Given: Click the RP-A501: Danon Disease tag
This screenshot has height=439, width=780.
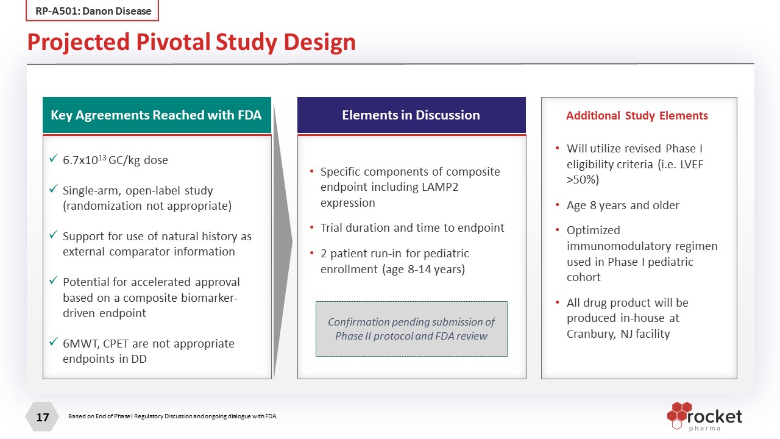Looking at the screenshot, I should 93,11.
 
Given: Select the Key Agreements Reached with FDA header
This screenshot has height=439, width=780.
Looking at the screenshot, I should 156,115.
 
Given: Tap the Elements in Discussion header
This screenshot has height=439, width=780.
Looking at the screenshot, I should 411,115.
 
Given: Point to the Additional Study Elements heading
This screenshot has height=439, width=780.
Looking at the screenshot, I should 637,116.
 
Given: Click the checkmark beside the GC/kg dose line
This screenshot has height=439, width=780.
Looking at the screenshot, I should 54,159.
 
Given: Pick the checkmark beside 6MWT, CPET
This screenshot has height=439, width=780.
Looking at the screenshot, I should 54,343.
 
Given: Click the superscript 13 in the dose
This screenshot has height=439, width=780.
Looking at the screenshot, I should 102,157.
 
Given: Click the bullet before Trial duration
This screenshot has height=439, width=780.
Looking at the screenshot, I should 312,228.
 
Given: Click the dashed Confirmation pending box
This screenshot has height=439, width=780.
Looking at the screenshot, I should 411,329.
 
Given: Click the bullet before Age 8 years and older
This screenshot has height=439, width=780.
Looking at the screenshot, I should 558,205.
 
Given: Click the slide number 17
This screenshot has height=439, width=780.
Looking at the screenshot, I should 42,418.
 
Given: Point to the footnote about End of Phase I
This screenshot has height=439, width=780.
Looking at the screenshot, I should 172,416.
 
